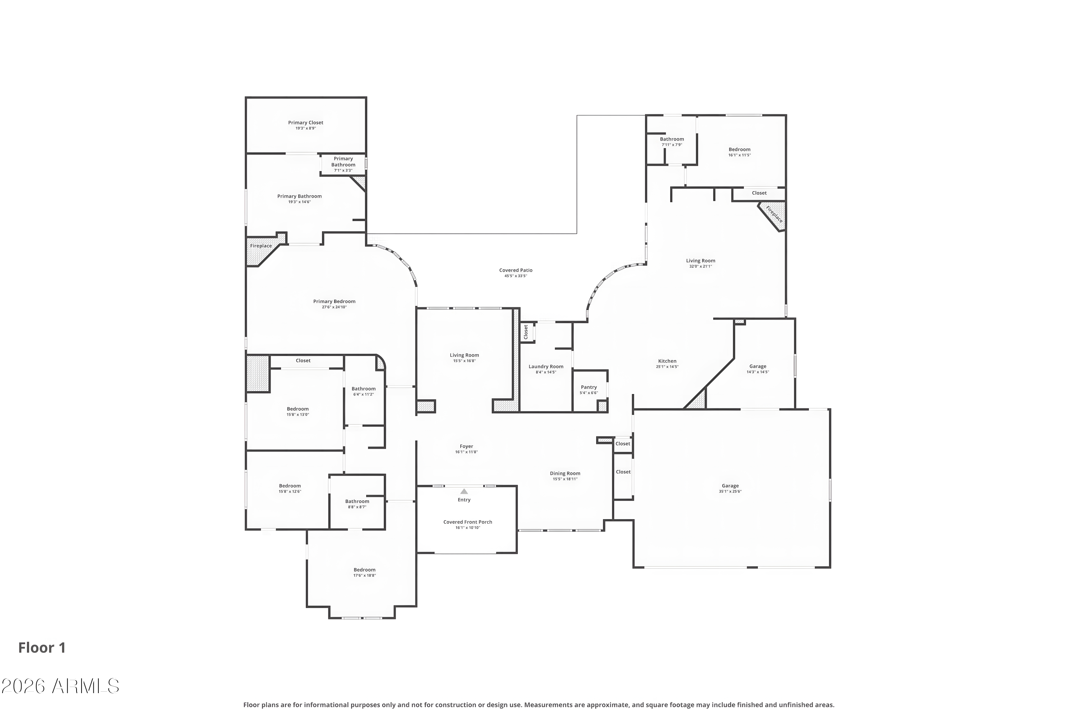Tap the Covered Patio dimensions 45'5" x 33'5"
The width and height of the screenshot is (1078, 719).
tap(516, 276)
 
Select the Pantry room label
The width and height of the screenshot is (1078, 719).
tap(589, 387)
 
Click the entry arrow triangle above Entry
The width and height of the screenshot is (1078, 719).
tap(464, 491)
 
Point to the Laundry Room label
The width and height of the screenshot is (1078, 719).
tap(545, 366)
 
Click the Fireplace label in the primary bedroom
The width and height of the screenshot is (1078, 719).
tap(261, 246)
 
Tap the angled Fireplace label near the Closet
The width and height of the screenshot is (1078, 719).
tap(774, 214)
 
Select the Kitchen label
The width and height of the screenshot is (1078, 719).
tap(667, 361)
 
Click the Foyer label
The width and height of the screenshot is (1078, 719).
tap(466, 446)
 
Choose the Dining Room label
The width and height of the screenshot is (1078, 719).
tap(565, 473)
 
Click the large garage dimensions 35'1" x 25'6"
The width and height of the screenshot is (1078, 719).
tap(730, 491)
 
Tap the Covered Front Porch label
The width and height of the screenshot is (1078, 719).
tap(467, 522)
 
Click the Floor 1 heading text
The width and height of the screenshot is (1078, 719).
tap(42, 647)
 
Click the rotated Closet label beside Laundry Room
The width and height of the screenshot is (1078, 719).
tap(526, 331)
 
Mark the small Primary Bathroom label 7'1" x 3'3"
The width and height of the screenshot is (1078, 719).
tap(343, 164)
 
